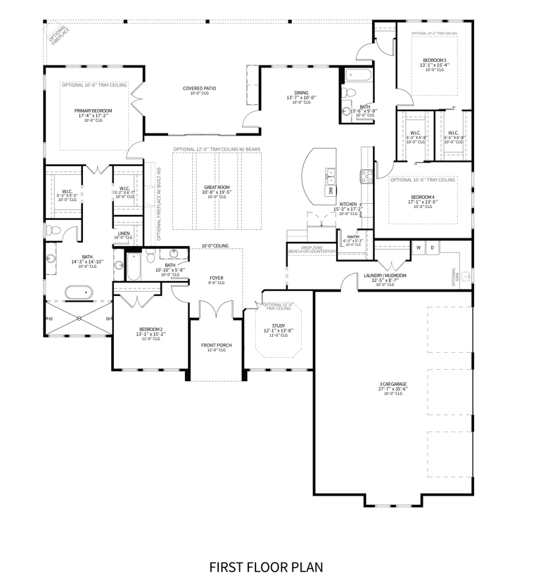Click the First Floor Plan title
click(x=266, y=566)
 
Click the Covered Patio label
click(x=199, y=89)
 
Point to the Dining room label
click(x=301, y=93)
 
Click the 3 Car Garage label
click(x=393, y=385)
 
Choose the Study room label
click(x=279, y=326)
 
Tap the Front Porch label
click(x=216, y=345)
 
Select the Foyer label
click(x=217, y=278)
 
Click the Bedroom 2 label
click(x=151, y=330)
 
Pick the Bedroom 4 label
click(x=423, y=197)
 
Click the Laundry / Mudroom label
click(x=385, y=276)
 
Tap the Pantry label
click(x=352, y=237)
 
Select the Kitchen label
click(x=347, y=204)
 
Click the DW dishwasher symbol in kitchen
click(x=330, y=190)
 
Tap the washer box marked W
click(x=418, y=247)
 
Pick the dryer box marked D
click(x=432, y=247)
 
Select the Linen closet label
click(x=124, y=233)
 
